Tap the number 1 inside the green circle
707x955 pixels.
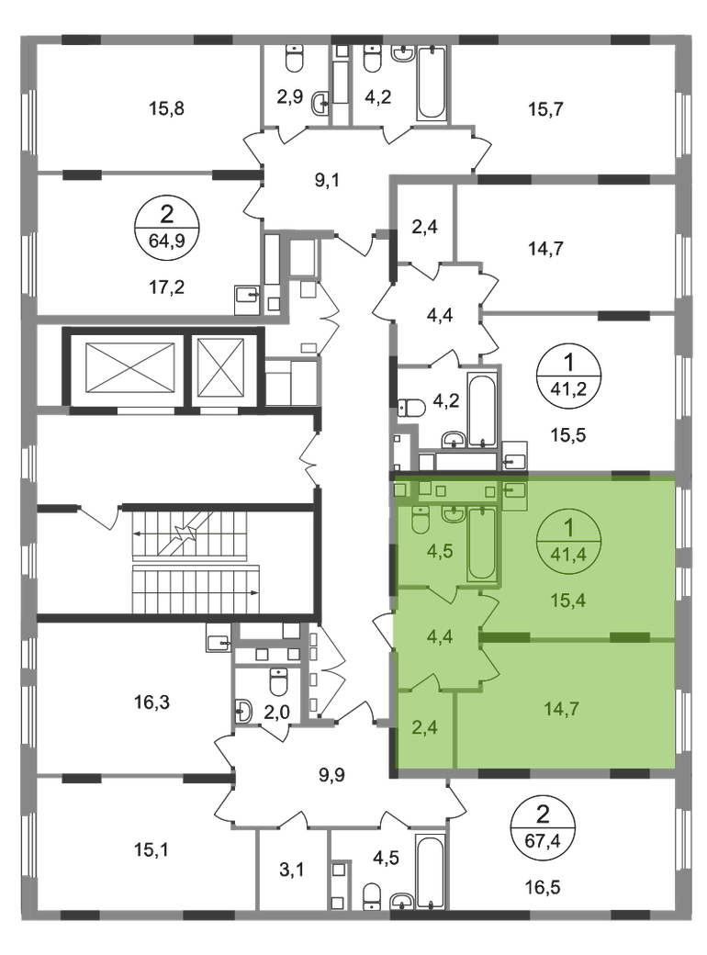tap(568, 529)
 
